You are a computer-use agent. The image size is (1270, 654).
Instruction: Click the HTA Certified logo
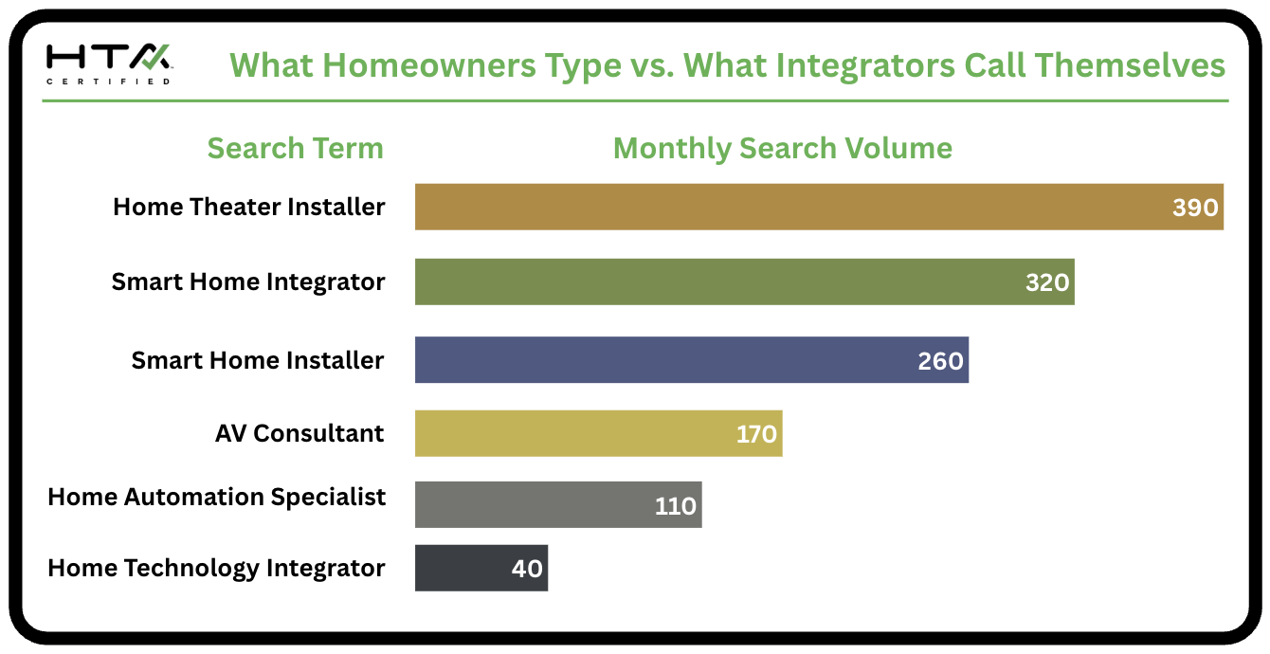point(109,64)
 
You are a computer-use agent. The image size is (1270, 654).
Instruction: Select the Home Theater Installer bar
point(819,207)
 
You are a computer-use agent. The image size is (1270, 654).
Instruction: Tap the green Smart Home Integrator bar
point(744,282)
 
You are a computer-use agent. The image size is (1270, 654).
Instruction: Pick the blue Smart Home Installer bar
point(692,359)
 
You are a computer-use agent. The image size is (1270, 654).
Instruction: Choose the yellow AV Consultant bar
point(599,433)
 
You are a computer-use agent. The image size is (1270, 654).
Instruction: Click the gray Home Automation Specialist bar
point(558,505)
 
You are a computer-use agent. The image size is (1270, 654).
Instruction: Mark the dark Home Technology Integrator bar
point(481,568)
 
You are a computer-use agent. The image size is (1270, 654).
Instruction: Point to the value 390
point(1195,208)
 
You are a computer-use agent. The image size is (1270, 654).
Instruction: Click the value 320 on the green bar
point(1047,282)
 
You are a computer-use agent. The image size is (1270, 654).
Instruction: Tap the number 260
point(940,361)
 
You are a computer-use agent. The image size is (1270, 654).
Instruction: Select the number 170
point(756,434)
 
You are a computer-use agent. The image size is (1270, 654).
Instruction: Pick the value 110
point(675,506)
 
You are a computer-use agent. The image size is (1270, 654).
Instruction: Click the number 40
point(527,569)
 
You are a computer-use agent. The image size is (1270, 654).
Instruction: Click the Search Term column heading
point(296,149)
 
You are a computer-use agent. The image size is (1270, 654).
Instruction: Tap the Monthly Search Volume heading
point(783,149)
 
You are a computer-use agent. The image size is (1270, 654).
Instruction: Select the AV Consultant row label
point(299,433)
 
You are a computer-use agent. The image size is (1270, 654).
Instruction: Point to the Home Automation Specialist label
point(217,498)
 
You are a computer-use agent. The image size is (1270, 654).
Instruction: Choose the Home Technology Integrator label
point(217,569)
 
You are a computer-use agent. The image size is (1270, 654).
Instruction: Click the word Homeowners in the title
point(429,65)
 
